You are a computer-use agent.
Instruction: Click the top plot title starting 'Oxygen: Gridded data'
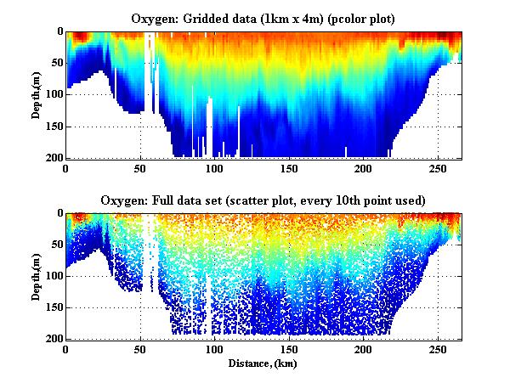pos(263,18)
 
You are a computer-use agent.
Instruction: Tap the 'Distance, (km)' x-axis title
pos(263,363)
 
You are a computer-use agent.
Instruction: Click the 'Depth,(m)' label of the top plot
pos(37,94)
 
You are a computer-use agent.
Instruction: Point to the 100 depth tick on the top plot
pos(52,95)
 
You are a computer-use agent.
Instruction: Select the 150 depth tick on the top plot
pos(52,127)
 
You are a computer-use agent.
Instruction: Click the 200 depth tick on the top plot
pos(52,158)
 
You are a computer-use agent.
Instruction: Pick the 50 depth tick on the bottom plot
pos(54,245)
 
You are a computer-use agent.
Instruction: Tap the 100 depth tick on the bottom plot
pos(52,276)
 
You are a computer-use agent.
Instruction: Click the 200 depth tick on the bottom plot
pos(52,339)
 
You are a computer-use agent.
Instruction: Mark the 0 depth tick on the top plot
pos(58,32)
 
